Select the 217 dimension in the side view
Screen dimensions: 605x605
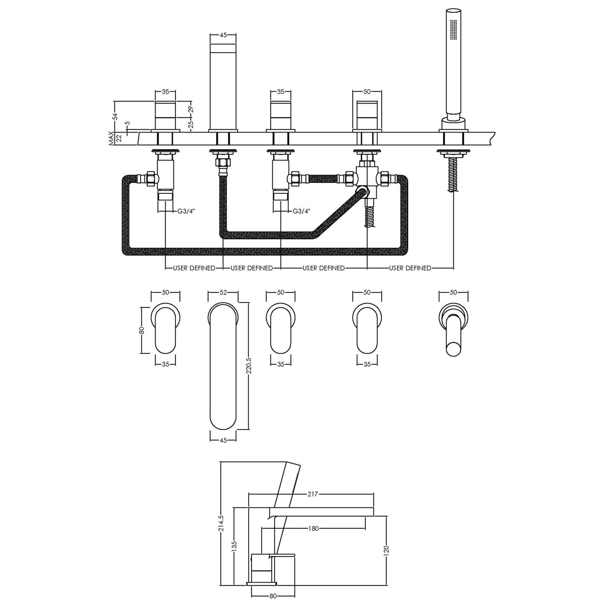tap(312, 494)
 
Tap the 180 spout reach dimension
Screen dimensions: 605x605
tap(313, 529)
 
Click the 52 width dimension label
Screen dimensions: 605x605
tap(223, 293)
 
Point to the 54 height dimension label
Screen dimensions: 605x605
tap(115, 117)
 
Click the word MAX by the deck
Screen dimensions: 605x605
tap(111, 138)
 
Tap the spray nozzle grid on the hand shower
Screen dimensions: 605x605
tap(454, 29)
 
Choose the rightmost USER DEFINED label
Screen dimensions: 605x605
tap(410, 268)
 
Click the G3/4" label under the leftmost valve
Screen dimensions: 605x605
tap(186, 211)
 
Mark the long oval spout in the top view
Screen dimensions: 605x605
tap(223, 366)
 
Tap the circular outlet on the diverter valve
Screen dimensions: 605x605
tap(363, 191)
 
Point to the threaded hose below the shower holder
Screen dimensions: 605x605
tap(453, 174)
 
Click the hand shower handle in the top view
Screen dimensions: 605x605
tap(453, 334)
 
